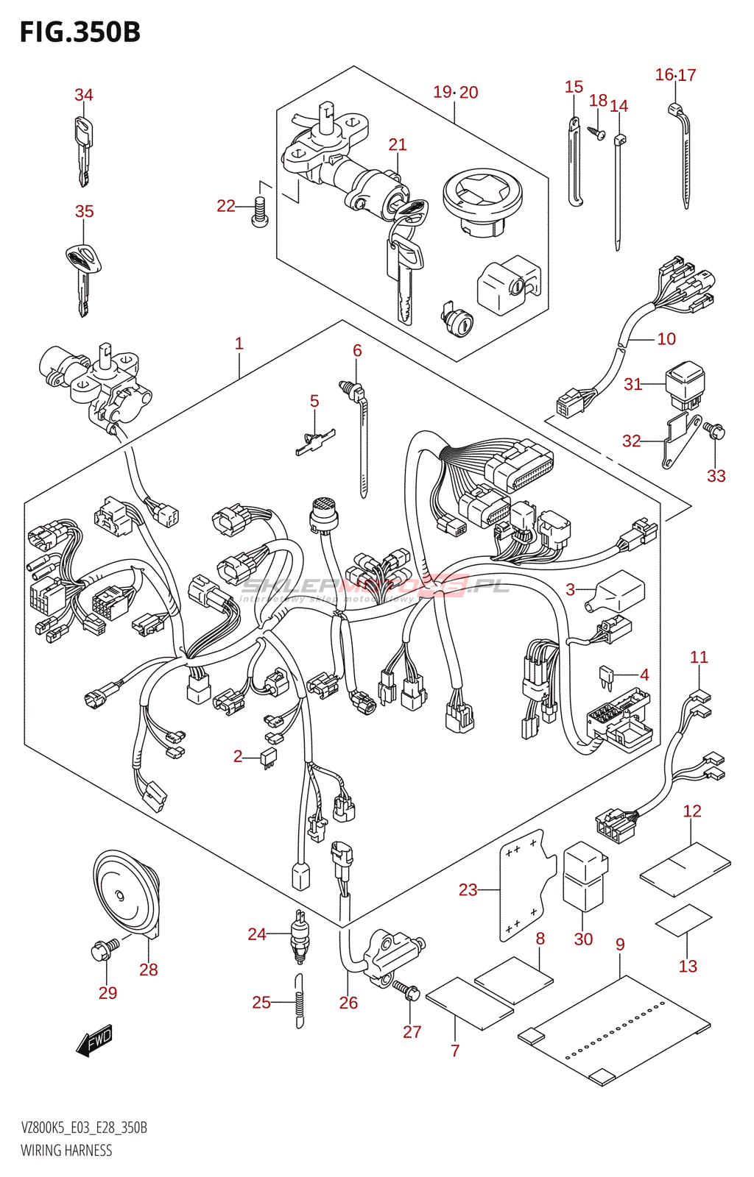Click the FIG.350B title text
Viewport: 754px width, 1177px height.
coord(80,32)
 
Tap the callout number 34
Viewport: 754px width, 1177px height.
coord(84,95)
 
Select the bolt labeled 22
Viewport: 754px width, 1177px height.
coord(259,212)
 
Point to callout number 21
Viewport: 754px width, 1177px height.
coord(398,144)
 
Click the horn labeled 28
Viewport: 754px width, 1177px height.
coord(127,894)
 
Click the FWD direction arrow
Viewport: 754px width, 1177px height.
coord(94,1041)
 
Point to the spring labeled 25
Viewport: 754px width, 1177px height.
coord(299,1001)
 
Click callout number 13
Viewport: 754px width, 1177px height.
coord(688,966)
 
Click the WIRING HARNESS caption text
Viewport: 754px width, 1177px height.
coord(66,1151)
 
